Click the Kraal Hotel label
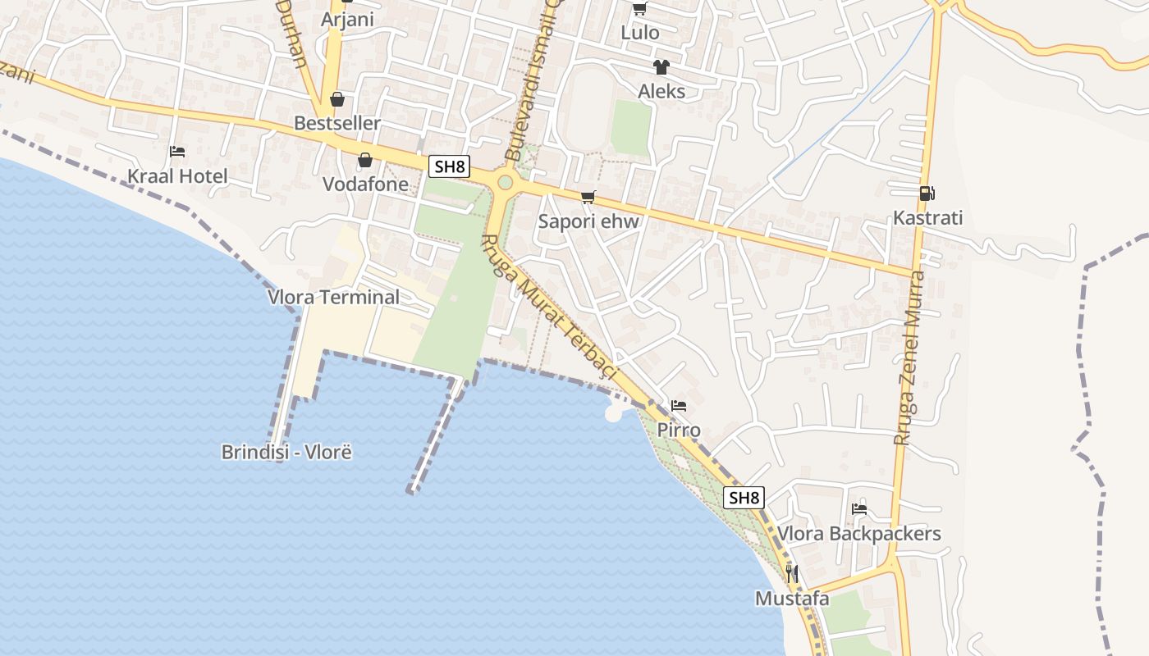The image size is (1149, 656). coord(177,176)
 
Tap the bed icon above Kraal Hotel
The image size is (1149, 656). coord(177,152)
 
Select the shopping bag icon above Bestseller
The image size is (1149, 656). coord(337,99)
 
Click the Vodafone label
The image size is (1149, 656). coord(365,184)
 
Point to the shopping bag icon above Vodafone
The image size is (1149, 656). coord(365,160)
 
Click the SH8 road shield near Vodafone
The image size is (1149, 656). coord(449,167)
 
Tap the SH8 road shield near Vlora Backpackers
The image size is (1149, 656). coord(744,498)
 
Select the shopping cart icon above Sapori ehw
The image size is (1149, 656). coord(588,197)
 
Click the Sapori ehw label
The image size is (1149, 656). coord(588,221)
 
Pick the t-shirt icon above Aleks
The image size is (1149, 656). coord(661,67)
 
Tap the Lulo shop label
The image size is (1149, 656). coord(640,33)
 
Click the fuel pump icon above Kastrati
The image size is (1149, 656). coord(927,194)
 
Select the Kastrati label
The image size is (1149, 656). coord(927,218)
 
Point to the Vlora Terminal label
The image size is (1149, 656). coord(333,297)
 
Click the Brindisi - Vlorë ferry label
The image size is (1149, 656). coord(286,452)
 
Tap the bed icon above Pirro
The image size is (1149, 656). coord(679,406)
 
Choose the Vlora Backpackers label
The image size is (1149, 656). coord(858,534)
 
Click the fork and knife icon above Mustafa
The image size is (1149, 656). coord(792,574)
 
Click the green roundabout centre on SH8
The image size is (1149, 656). coord(505,182)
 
